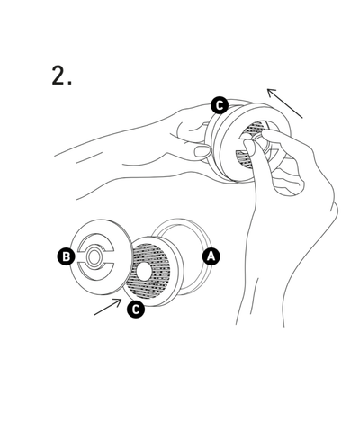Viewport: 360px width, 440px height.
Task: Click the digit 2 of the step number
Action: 58,76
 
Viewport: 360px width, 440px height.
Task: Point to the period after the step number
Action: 69,83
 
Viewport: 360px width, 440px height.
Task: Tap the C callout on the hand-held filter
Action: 220,105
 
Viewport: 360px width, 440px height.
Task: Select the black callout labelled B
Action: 67,256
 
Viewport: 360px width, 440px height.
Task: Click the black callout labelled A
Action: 211,256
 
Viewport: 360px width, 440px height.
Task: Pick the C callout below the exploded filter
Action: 136,310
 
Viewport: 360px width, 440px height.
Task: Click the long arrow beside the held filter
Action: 284,103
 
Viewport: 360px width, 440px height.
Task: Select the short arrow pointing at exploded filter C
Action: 108,307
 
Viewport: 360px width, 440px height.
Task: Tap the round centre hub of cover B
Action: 94,256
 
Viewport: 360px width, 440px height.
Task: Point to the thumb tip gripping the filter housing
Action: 202,151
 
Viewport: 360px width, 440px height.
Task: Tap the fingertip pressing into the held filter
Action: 249,146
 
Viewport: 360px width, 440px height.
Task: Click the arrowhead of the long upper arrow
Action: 271,92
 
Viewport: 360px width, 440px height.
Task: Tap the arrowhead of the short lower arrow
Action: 118,301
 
